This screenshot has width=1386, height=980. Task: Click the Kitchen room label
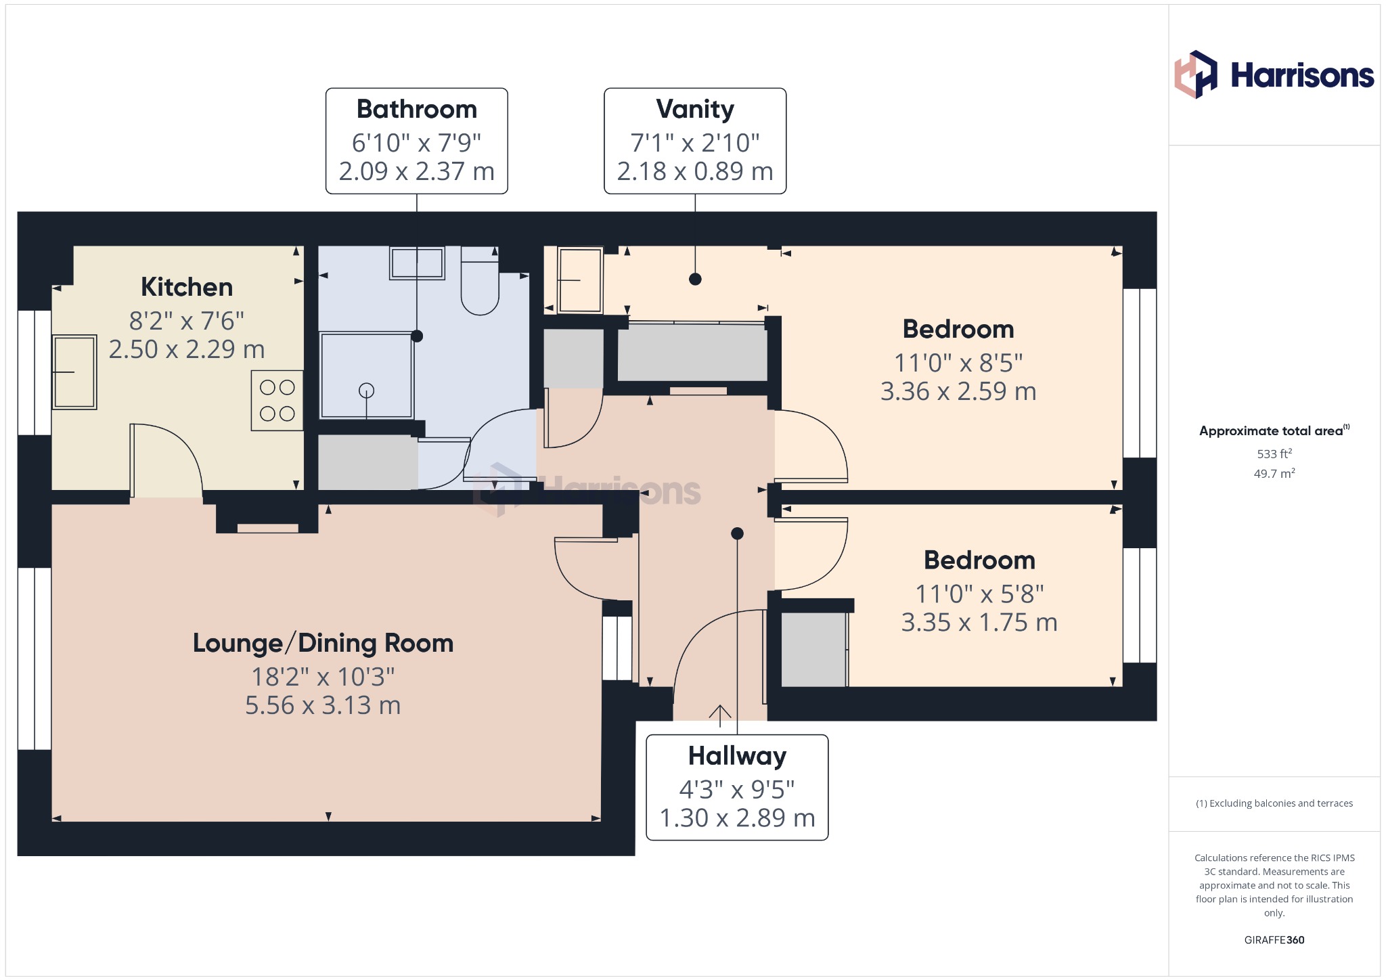[187, 288]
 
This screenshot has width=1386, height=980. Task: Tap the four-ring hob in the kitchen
[277, 400]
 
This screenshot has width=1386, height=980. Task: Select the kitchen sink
[74, 372]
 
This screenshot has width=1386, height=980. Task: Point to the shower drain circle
[366, 391]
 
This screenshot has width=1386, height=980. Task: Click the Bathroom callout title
[417, 109]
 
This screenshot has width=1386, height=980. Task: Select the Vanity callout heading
[695, 109]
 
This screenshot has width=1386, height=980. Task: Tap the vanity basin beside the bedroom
[579, 280]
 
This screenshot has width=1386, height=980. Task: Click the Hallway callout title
[737, 756]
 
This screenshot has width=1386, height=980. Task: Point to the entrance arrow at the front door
[720, 716]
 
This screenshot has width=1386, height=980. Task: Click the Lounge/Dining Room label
[323, 643]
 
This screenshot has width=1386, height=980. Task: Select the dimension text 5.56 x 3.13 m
[323, 705]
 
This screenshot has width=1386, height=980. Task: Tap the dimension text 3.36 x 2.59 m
[958, 391]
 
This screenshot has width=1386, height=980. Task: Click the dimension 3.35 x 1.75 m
[979, 622]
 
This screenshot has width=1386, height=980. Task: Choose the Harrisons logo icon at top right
[1196, 74]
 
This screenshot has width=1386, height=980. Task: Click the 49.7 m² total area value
[1274, 473]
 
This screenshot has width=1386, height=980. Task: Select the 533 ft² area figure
[1274, 453]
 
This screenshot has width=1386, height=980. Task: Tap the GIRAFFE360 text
[1274, 940]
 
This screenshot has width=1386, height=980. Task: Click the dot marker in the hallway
[738, 533]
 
